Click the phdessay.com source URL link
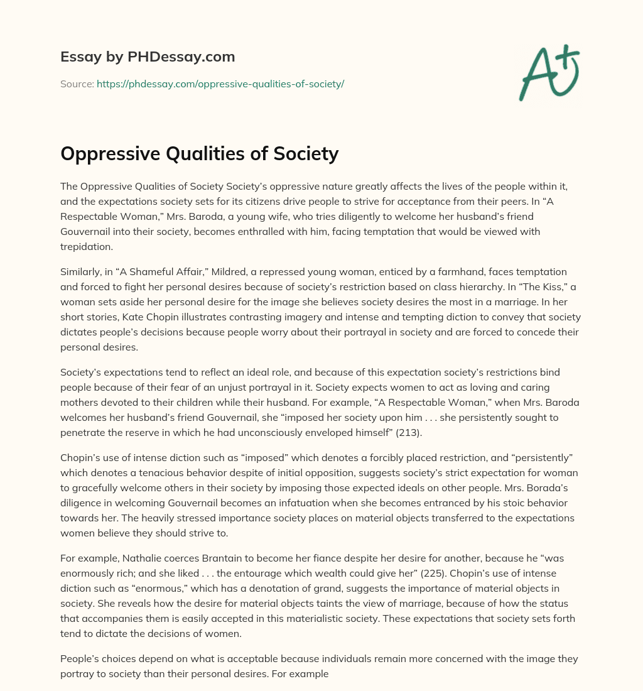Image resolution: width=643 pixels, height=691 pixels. [x=220, y=84]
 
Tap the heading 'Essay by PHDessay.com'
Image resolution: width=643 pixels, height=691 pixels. [x=148, y=57]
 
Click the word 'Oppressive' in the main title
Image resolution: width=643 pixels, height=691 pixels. [x=109, y=153]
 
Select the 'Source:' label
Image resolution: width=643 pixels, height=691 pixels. [x=77, y=84]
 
